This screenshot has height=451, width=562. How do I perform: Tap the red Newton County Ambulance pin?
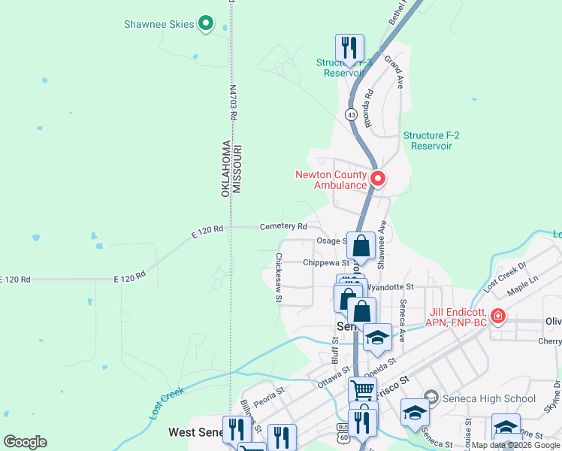tap(378, 179)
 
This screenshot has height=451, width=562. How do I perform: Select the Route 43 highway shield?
tap(351, 114)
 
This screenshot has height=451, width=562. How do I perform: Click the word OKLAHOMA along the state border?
tap(225, 168)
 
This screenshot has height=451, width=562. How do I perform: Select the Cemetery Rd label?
tap(283, 226)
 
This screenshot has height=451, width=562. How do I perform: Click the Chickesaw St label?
tap(278, 277)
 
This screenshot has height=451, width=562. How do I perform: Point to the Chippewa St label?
tap(326, 263)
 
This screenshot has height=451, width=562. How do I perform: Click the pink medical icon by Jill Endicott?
tap(497, 316)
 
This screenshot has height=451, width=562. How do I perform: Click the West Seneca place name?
tap(194, 432)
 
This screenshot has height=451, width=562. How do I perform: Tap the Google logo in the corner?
tap(25, 442)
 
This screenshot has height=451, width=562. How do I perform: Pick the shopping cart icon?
tap(362, 390)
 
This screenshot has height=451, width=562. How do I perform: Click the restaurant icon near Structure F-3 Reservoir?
tap(349, 47)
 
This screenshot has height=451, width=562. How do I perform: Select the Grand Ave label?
tap(394, 71)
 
